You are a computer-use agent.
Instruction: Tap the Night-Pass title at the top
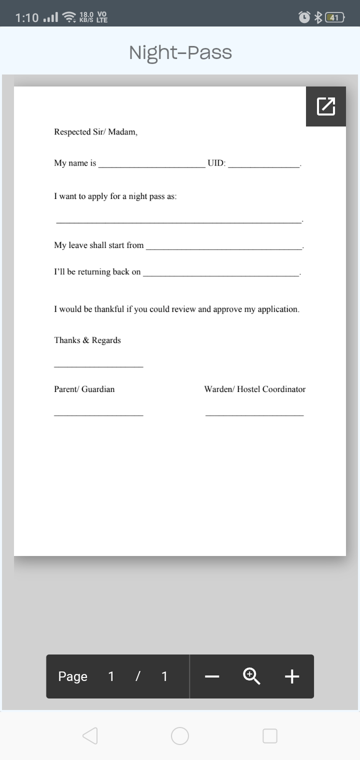pos(180,52)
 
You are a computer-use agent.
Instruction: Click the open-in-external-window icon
pos(326,106)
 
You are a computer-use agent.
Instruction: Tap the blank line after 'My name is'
pos(151,165)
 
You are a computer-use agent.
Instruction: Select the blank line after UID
pos(263,165)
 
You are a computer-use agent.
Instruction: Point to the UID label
pos(216,163)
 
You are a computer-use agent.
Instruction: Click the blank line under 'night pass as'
pos(179,221)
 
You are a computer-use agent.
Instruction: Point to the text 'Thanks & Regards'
pos(87,340)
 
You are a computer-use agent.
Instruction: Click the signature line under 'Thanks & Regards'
pos(98,367)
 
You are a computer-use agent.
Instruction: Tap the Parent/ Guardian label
pos(84,389)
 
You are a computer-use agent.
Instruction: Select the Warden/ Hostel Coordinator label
pos(254,389)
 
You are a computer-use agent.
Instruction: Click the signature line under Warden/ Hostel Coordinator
pos(254,415)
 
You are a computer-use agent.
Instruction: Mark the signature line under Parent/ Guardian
pos(98,415)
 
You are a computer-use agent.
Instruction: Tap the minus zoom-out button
pos(212,676)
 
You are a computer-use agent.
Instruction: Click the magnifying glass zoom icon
pos(251,676)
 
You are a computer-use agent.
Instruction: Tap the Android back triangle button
pos(90,736)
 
